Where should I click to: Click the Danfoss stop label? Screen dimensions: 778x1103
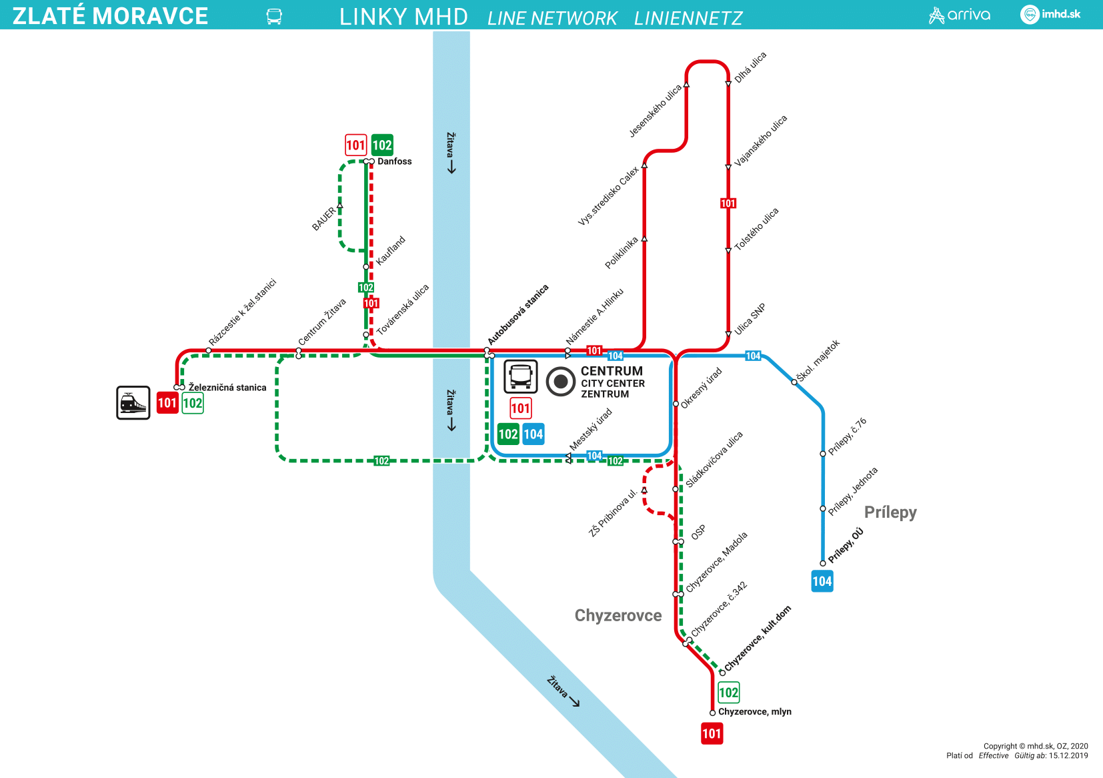(394, 161)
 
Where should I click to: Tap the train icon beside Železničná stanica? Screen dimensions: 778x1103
(133, 403)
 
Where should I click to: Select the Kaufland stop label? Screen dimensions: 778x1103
(391, 250)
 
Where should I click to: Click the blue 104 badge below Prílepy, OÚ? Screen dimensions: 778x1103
(822, 581)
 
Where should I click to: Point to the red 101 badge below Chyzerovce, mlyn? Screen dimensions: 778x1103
(712, 734)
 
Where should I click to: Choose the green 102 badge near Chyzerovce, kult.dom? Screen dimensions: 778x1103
(728, 693)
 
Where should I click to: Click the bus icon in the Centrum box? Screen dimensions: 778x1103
(520, 376)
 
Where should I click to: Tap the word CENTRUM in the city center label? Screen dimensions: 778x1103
(612, 371)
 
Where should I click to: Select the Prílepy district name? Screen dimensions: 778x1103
(890, 512)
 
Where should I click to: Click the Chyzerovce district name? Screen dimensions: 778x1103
(618, 615)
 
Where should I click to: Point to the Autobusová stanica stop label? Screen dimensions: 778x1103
(518, 315)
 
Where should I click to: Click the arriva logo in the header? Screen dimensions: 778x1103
(960, 15)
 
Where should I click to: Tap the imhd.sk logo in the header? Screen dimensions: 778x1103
(1050, 14)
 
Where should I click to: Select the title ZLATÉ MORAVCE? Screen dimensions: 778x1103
(111, 16)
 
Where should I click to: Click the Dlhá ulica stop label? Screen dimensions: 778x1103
(750, 67)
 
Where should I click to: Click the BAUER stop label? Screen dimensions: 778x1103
(323, 219)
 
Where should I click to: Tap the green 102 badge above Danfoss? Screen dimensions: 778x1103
(382, 145)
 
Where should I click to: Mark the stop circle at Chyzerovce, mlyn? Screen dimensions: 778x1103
(712, 713)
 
